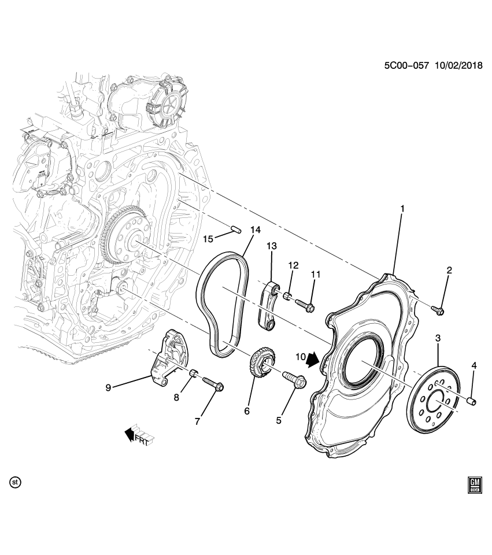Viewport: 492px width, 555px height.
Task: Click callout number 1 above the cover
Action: (402, 207)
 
